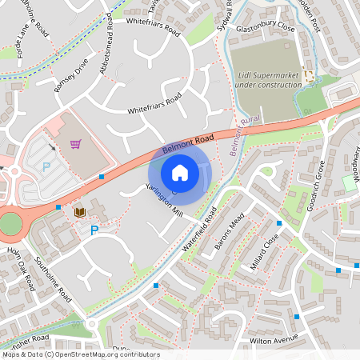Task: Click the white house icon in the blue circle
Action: (x=180, y=172)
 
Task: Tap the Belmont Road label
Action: (x=189, y=143)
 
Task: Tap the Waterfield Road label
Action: (x=199, y=230)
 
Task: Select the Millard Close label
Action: (x=265, y=251)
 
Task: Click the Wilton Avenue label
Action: (x=274, y=340)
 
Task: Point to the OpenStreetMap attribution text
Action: (x=80, y=354)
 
